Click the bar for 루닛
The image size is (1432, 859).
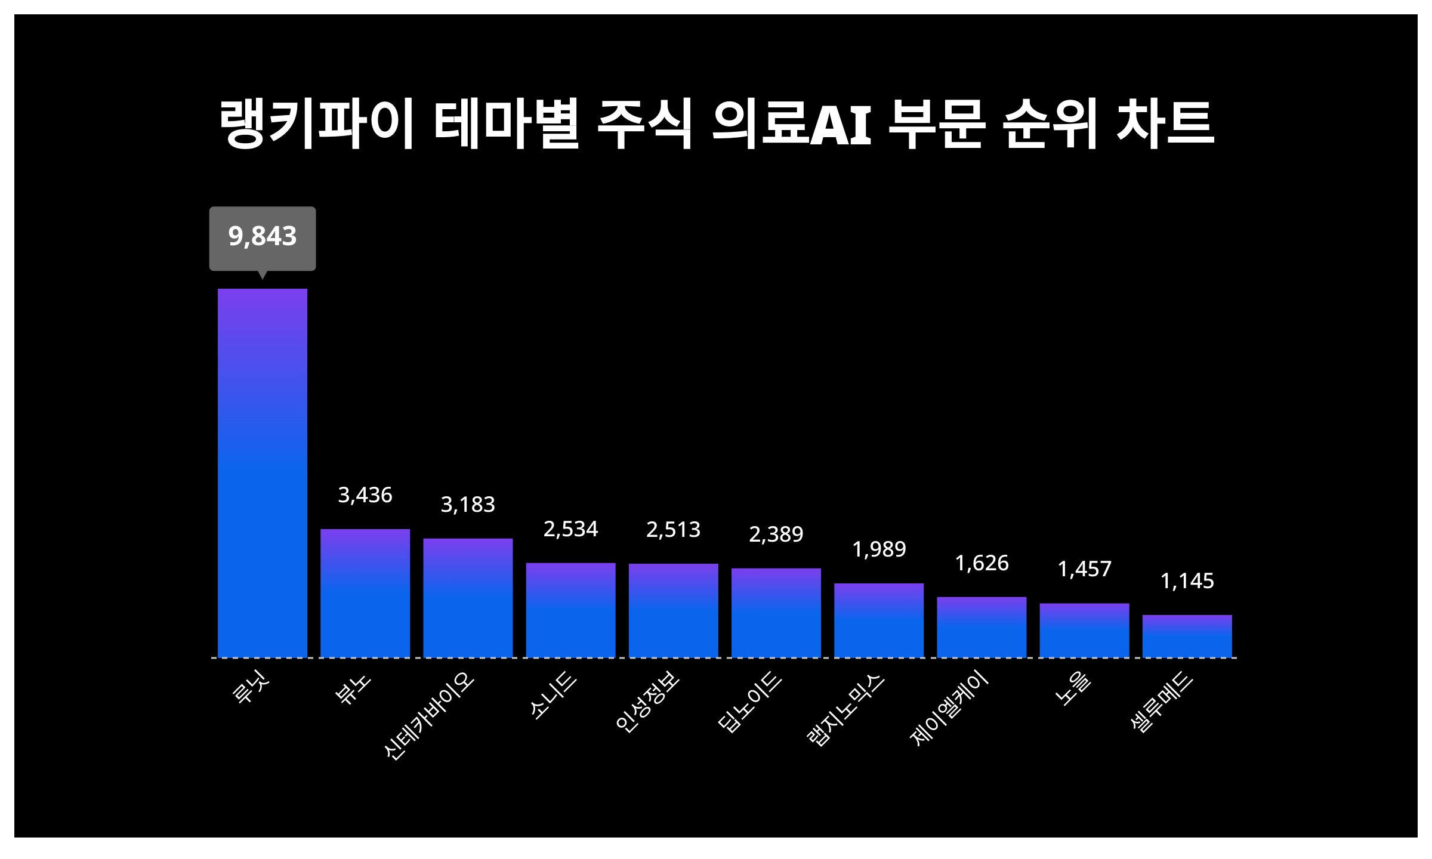pos(263,472)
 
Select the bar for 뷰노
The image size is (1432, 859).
pos(365,593)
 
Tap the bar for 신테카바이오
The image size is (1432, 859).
pos(468,598)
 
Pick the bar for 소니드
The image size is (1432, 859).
pos(570,610)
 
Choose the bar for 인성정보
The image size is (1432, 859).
pos(673,610)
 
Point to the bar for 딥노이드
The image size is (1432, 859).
pos(776,613)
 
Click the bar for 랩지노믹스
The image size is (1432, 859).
pos(879,620)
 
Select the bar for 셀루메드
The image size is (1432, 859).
pos(1187,636)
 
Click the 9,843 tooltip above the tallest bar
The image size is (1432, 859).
pos(263,237)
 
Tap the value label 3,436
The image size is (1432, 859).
pos(365,495)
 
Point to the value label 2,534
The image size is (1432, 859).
pos(570,529)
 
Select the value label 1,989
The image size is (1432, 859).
pos(879,549)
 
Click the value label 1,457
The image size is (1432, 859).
pos(1085,570)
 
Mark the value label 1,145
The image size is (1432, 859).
pos(1187,581)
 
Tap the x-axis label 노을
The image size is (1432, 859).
pos(1073,690)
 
